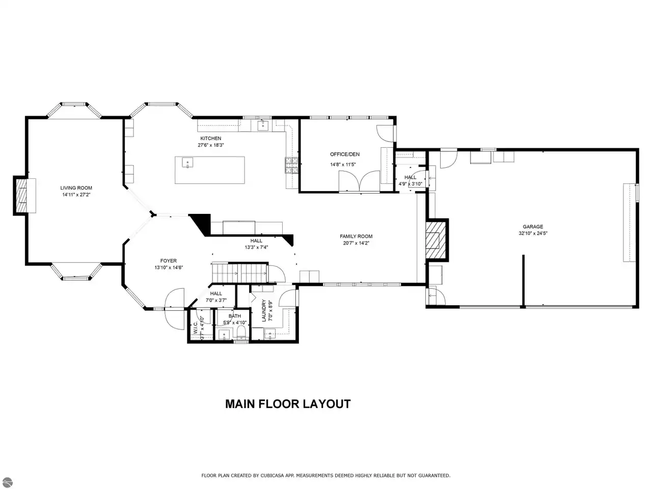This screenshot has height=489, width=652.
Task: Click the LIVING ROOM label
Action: click(x=76, y=187)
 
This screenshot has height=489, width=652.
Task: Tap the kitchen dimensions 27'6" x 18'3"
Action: click(x=210, y=145)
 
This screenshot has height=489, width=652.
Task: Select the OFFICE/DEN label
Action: click(x=344, y=154)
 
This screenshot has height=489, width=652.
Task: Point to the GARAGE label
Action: click(x=533, y=227)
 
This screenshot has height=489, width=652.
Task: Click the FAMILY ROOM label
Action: click(x=356, y=236)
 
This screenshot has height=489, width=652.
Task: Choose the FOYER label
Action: click(x=169, y=261)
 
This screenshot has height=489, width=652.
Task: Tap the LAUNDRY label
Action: click(x=263, y=311)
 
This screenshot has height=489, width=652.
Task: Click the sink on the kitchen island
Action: click(x=187, y=162)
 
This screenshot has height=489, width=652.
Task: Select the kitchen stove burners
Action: click(x=291, y=165)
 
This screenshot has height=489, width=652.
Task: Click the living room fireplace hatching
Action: click(x=21, y=195)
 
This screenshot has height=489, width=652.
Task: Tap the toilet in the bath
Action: click(x=242, y=333)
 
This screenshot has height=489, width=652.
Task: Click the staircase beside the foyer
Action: click(x=240, y=273)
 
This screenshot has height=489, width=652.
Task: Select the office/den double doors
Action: click(x=360, y=181)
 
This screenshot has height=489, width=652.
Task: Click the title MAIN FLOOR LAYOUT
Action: click(x=288, y=404)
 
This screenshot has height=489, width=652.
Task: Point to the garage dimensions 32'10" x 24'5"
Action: click(x=533, y=233)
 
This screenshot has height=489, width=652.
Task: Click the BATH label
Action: click(x=235, y=316)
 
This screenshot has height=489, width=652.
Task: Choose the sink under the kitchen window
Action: click(x=262, y=125)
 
